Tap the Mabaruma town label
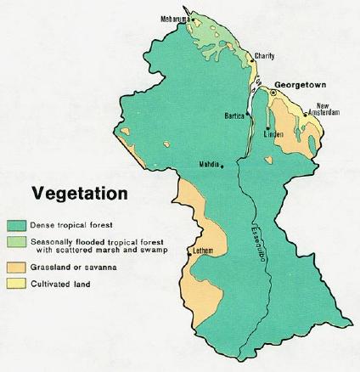pyautogui.click(x=176, y=18)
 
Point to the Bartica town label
pyautogui.click(x=234, y=115)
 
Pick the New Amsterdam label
pyautogui.click(x=328, y=109)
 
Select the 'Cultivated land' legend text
pyautogui.click(x=61, y=284)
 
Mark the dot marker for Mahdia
pyautogui.click(x=223, y=166)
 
